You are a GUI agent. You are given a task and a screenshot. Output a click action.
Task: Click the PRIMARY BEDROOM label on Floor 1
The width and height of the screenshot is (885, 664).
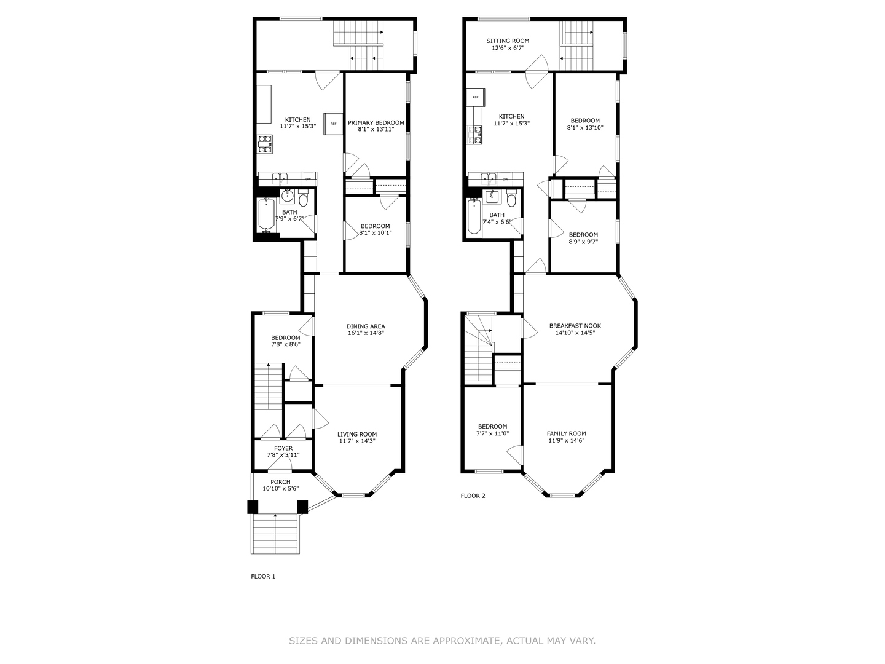click(376, 122)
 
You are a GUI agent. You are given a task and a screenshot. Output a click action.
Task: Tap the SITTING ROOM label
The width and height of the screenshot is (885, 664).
click(508, 41)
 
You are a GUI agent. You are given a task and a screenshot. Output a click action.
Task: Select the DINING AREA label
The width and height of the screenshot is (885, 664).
click(366, 326)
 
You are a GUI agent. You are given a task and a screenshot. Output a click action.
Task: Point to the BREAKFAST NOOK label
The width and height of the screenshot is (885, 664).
click(575, 326)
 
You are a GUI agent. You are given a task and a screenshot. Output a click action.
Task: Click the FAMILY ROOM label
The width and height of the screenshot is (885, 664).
click(566, 433)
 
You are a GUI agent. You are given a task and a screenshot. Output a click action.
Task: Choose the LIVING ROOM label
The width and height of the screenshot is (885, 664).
click(357, 434)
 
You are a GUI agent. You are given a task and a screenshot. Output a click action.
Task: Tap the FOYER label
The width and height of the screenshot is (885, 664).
click(283, 448)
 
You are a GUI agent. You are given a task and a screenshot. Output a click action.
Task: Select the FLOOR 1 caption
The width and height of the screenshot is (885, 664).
click(263, 576)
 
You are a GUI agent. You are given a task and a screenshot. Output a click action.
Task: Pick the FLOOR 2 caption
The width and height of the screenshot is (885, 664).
click(473, 496)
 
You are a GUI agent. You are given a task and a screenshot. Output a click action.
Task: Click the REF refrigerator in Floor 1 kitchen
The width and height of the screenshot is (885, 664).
click(333, 124)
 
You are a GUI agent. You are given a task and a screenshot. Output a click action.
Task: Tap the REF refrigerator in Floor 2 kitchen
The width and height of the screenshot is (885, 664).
click(476, 97)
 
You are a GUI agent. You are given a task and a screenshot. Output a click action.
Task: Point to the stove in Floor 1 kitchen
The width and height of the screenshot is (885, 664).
click(265, 144)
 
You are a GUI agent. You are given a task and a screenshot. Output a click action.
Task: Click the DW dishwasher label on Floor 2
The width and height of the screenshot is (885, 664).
click(505, 179)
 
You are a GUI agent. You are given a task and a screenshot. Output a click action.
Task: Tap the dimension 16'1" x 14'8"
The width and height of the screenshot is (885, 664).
click(366, 334)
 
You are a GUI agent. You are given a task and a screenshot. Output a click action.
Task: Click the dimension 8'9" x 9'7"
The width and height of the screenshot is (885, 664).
click(583, 242)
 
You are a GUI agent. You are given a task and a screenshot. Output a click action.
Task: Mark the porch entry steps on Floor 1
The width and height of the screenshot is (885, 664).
click(275, 533)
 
